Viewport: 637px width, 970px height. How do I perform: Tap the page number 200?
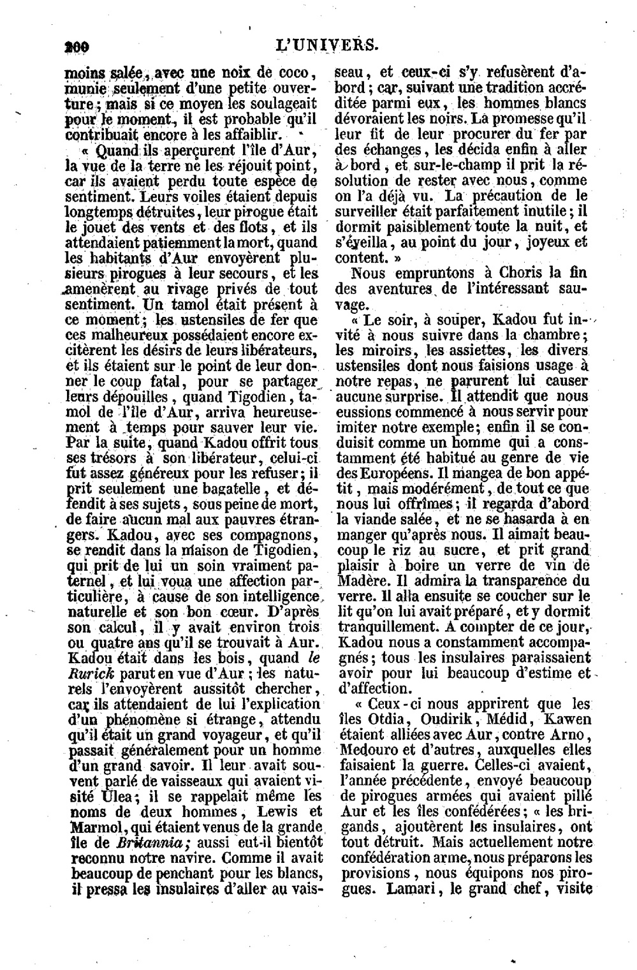76,46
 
